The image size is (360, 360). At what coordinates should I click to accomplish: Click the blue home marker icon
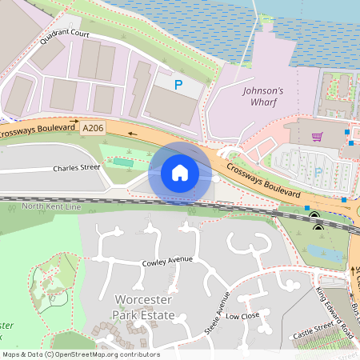[x=180, y=172]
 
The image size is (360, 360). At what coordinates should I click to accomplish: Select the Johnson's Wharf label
[x=265, y=98]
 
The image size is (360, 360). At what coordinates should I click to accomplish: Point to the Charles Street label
[x=77, y=168]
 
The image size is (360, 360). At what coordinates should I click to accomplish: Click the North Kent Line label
[x=52, y=207]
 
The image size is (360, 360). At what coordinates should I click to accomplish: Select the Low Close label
[x=243, y=316]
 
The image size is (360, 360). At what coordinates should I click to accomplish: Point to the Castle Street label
[x=313, y=331]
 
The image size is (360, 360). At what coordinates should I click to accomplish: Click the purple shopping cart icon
[x=318, y=136]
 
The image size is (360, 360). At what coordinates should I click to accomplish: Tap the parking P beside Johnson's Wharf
[x=179, y=83]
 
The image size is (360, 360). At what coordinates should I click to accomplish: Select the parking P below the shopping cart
[x=318, y=171]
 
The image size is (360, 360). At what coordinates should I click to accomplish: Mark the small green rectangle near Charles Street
[x=122, y=162]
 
